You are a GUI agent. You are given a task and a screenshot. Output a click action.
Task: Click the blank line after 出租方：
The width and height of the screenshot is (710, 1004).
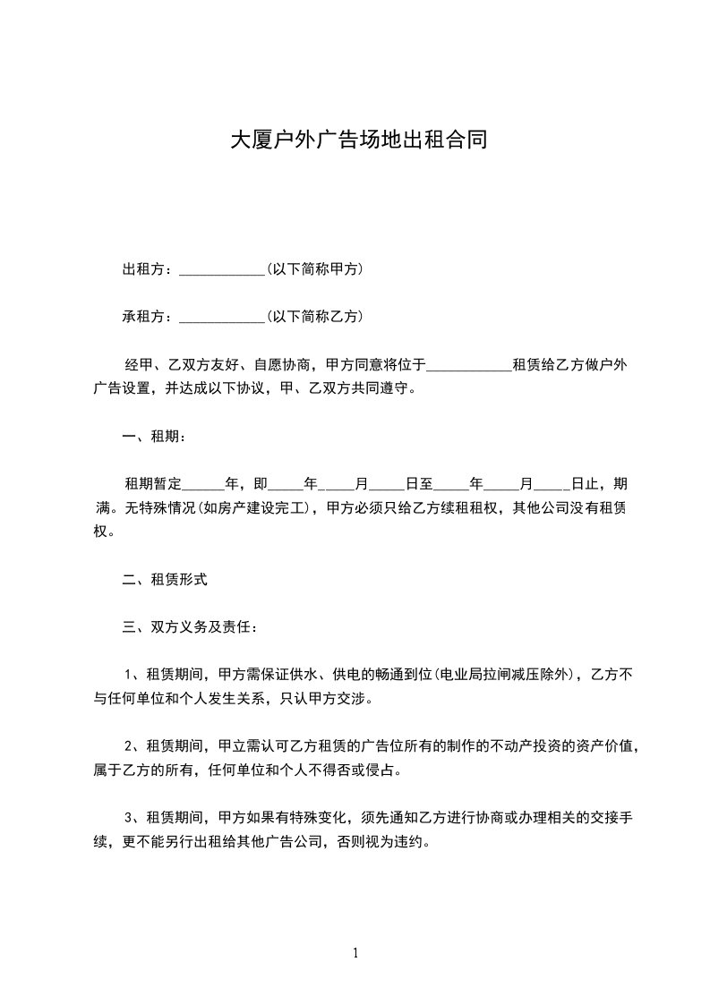coord(221,269)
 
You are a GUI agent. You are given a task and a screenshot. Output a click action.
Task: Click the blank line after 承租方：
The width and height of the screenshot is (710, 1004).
coord(221,317)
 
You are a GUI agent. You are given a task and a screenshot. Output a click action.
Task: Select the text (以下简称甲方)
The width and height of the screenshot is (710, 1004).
coord(314,268)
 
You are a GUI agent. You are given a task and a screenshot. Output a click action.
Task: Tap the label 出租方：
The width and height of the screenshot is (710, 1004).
coord(150,268)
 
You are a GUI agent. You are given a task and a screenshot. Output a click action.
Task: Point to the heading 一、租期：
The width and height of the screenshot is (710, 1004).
coord(154,437)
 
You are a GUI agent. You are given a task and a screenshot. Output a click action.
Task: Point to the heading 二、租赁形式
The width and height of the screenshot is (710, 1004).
coord(165,579)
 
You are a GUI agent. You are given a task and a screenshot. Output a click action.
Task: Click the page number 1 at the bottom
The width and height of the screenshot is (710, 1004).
coord(355,953)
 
